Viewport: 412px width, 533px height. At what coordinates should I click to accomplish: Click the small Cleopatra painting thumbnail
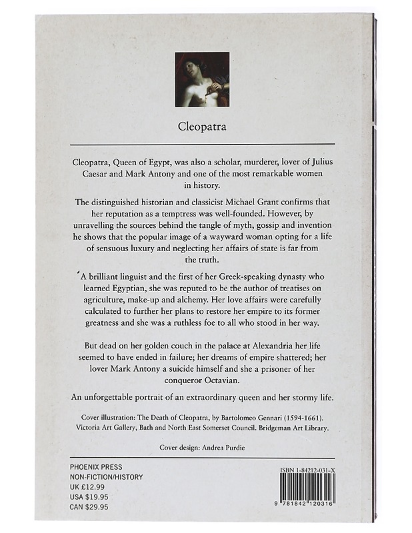pos(202,79)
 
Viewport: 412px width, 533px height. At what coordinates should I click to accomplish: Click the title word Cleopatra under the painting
pos(202,125)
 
